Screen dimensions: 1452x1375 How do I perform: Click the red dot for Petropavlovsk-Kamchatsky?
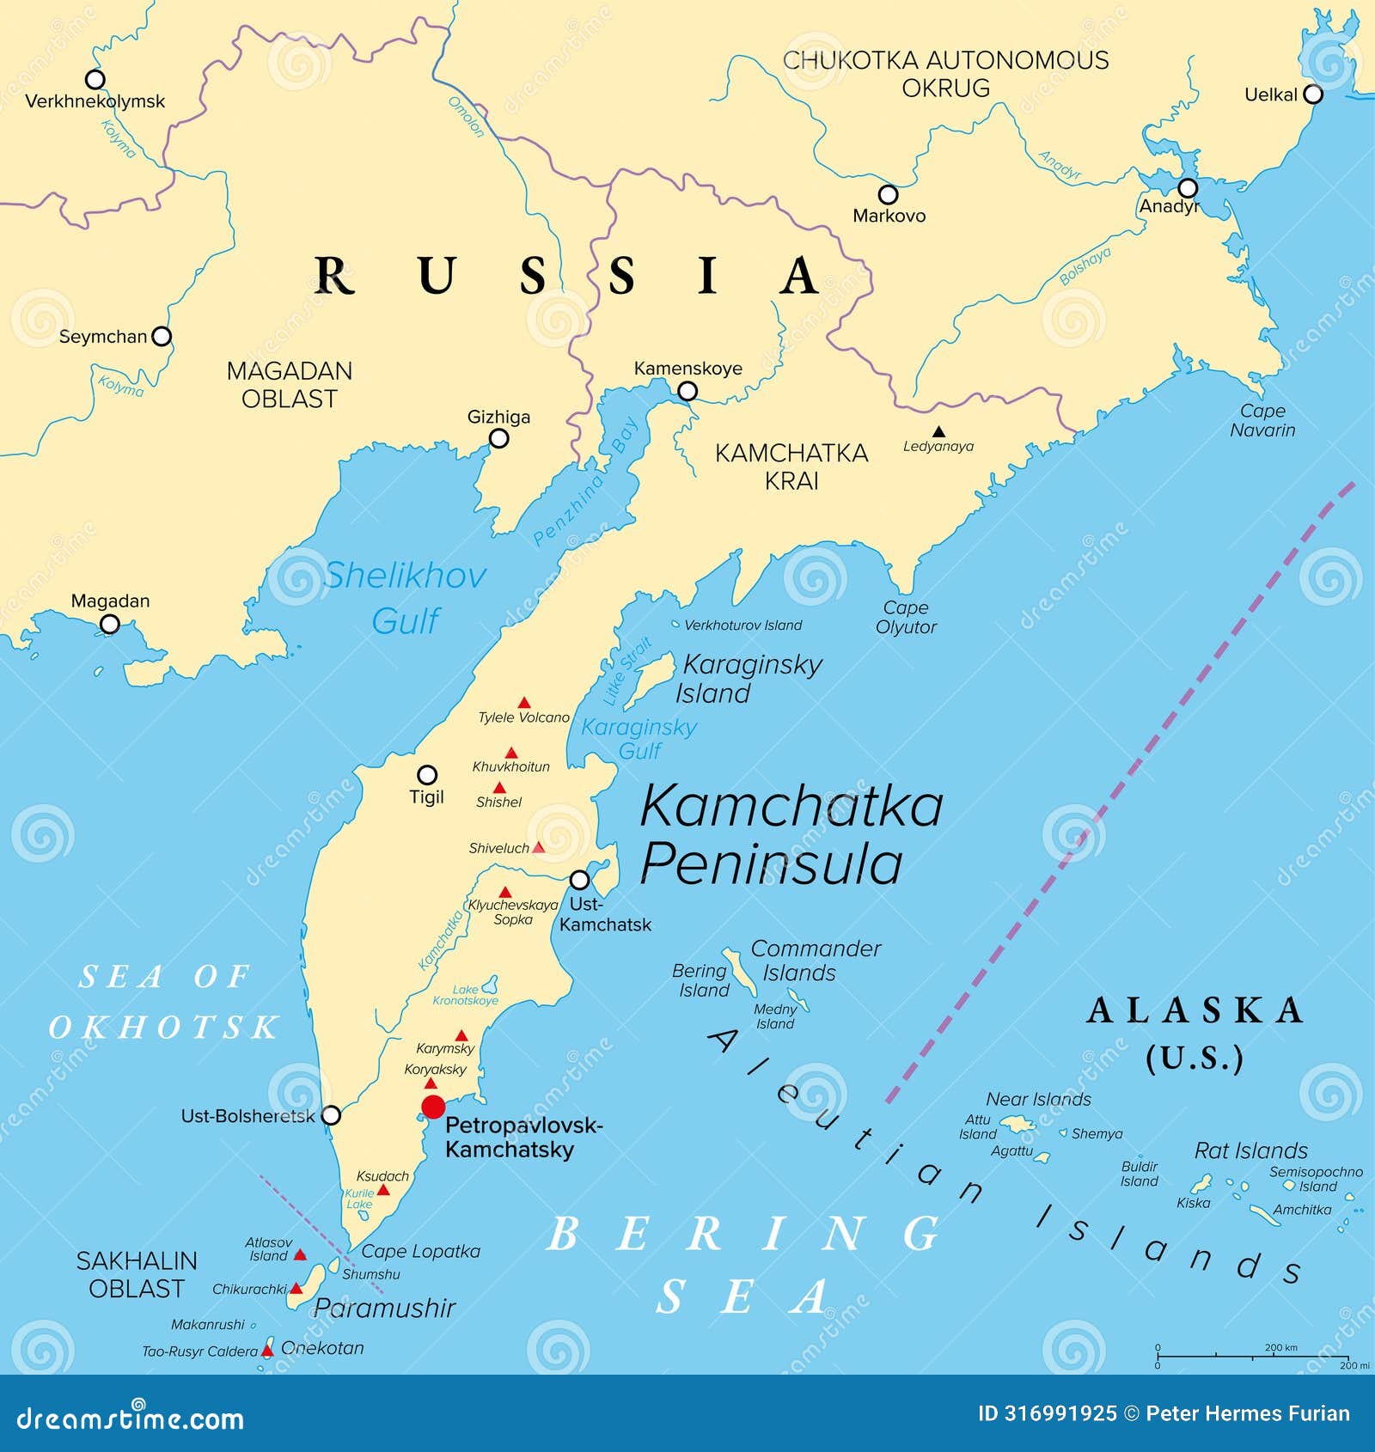tap(433, 1106)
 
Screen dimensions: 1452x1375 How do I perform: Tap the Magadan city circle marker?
tap(110, 624)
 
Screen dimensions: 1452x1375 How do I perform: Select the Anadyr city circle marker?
tap(1188, 188)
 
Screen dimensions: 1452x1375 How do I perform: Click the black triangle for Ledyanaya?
tap(939, 431)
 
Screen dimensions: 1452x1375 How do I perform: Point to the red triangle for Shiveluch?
tap(538, 847)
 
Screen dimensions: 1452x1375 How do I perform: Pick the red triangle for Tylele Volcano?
tap(523, 703)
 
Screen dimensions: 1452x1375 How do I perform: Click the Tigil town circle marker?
tap(427, 774)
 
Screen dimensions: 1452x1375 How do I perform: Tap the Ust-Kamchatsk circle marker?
tap(580, 880)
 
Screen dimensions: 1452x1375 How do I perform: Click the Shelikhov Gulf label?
tap(405, 597)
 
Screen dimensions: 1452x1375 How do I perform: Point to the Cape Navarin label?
tap(1262, 420)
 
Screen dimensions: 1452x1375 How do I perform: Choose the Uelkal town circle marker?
tap(1313, 95)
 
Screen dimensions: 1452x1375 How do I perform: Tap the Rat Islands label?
tap(1250, 1150)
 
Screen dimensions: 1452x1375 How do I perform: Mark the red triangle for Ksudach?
tap(384, 1190)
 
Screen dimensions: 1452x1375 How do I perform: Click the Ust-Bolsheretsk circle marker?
tap(331, 1115)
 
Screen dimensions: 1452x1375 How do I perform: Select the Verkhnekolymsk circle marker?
tap(95, 79)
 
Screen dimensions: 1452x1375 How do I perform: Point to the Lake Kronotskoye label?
tap(465, 995)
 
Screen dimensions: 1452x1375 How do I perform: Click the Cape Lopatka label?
tap(420, 1251)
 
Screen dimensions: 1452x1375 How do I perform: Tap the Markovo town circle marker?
tap(888, 194)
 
